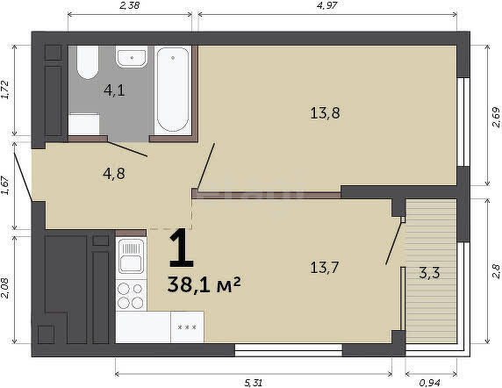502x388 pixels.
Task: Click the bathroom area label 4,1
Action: pyautogui.click(x=114, y=90)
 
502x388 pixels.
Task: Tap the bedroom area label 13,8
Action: pyautogui.click(x=325, y=113)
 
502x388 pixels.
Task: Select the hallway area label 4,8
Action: pyautogui.click(x=114, y=174)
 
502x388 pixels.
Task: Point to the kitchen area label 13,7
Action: pyautogui.click(x=325, y=268)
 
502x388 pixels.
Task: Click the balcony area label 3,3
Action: pyautogui.click(x=430, y=273)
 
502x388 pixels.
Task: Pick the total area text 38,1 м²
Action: pyautogui.click(x=204, y=284)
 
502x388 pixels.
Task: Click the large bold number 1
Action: pyautogui.click(x=182, y=248)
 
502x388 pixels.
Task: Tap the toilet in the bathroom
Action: pyautogui.click(x=88, y=62)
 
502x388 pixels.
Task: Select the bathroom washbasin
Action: pyautogui.click(x=132, y=57)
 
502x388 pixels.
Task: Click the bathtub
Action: pyautogui.click(x=173, y=90)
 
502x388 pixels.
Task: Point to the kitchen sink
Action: pyautogui.click(x=132, y=256)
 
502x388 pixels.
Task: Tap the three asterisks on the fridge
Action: pyautogui.click(x=187, y=327)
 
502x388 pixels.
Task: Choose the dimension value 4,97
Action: pyautogui.click(x=327, y=5)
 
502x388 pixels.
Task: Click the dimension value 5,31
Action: pyautogui.click(x=254, y=383)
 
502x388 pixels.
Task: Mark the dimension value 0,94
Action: pyautogui.click(x=430, y=383)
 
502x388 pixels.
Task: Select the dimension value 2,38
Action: pyautogui.click(x=130, y=5)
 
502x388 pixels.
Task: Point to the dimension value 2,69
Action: pyautogui.click(x=496, y=117)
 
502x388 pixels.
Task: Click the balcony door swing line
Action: pyautogui.click(x=393, y=241)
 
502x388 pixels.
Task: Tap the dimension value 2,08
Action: pyautogui.click(x=5, y=287)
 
